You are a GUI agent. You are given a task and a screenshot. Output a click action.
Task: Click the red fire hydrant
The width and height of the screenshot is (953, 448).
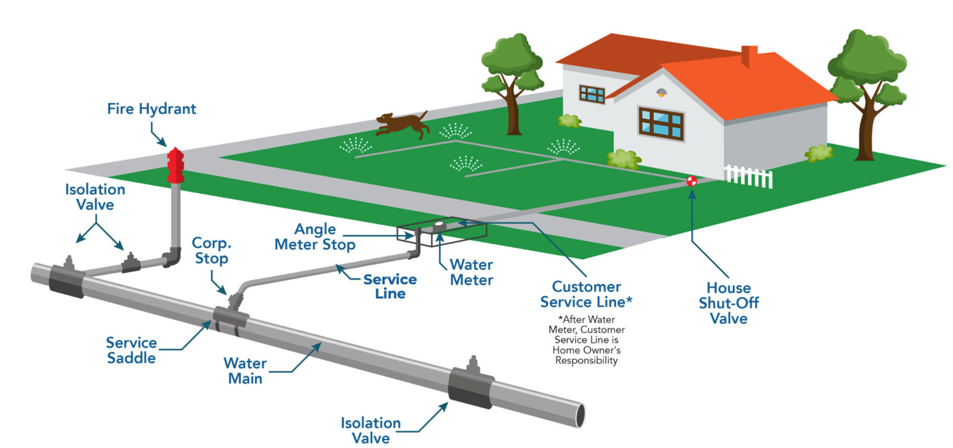coord(176,165)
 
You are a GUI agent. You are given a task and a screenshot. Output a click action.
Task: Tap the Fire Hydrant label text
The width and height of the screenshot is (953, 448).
coord(151,110)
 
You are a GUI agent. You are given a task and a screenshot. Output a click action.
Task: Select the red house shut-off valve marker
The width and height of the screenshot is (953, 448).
coord(692,181)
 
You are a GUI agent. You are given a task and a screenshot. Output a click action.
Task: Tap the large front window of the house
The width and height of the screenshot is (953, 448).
coord(661,123)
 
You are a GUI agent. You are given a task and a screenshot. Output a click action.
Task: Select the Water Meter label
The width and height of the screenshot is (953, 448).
coord(472,273)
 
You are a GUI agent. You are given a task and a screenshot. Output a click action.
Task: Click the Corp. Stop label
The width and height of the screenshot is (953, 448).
coord(210,250)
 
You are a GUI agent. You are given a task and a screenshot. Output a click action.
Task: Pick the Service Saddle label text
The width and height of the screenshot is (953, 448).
coord(131,350)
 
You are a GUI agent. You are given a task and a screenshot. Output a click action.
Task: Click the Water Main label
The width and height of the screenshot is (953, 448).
coord(245,370)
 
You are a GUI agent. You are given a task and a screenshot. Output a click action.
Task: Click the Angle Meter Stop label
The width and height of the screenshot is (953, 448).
coord(315,237)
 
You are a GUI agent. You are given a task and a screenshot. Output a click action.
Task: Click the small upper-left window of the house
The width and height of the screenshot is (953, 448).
coord(592,94)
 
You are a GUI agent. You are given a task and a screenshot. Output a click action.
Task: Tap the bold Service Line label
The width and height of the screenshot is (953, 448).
coord(390,286)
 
